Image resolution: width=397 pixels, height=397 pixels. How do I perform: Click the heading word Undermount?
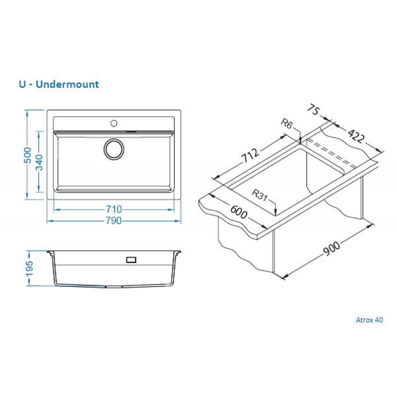coord(67,84)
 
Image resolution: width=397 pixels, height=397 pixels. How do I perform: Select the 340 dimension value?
coord(40,162)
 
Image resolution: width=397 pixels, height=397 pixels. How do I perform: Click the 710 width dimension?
coord(114,209)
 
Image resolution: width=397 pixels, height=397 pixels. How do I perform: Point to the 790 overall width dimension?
coord(113,221)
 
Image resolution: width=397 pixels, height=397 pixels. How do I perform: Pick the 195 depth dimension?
coord(29,268)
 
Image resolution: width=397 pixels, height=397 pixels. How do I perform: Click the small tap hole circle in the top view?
coord(114,123)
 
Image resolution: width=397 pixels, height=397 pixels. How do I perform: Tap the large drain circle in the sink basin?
coord(114,149)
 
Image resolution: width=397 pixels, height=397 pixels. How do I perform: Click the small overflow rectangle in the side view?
coord(131,260)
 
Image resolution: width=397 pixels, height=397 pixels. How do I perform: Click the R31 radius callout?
coord(260,196)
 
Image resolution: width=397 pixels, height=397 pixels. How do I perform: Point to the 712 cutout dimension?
coord(250,155)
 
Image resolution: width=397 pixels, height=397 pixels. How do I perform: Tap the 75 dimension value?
coord(314,110)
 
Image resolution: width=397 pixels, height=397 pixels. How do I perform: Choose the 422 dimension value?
coord(356,136)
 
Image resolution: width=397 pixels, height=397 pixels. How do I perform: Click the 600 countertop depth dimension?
coord(239,212)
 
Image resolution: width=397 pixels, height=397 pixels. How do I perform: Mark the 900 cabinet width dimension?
coord(331,249)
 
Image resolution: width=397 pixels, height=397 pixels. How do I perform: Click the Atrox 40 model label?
coord(369,320)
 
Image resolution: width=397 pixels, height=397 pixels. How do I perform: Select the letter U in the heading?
coord(22,84)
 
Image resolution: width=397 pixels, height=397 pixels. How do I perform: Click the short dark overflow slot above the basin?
coord(132,132)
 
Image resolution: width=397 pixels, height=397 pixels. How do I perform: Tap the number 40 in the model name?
coord(379,320)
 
